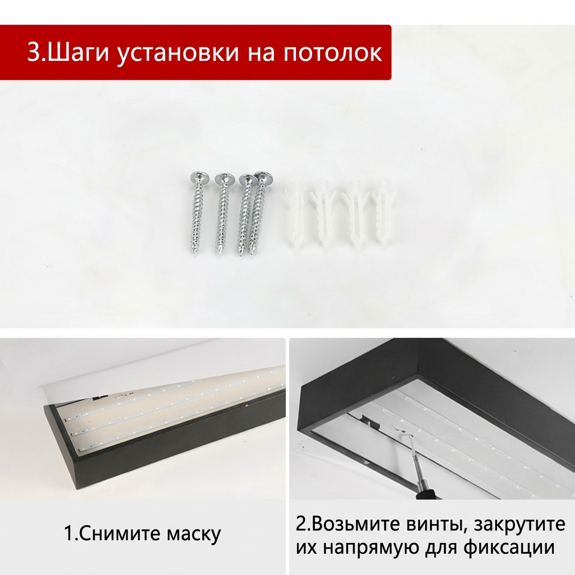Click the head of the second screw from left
(225, 179)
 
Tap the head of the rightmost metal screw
(263, 177)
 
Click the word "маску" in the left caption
(194, 534)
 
